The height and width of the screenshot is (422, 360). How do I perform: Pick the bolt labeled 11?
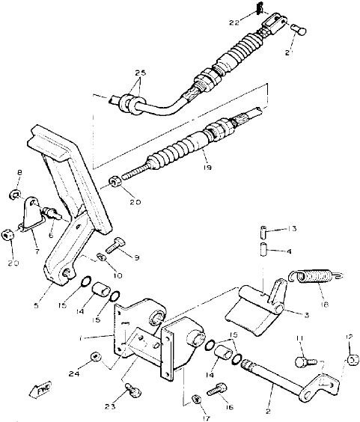(302, 361)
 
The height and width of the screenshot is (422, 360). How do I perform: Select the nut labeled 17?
(196, 398)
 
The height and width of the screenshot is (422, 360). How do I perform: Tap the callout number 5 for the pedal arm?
(56, 284)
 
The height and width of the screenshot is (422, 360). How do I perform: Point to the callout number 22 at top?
(234, 23)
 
